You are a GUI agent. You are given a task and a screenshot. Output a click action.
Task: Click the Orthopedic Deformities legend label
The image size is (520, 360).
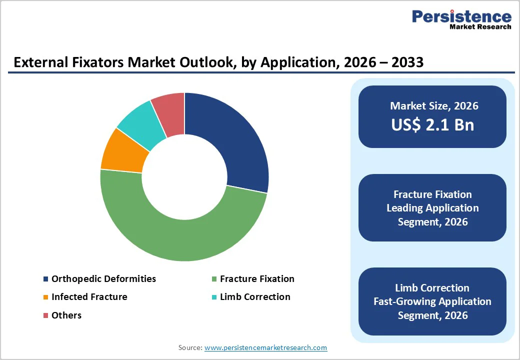coord(103,279)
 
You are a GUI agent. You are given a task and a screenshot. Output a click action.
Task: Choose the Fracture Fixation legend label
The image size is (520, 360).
coord(257,279)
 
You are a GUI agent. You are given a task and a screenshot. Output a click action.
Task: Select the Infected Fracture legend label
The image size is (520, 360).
coord(89,297)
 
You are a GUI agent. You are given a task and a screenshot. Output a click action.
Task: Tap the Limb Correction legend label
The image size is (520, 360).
coord(255,297)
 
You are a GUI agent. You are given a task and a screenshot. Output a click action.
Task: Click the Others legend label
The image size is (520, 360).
coord(66,315)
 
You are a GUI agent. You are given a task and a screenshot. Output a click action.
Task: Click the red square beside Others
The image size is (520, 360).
coord(46,315)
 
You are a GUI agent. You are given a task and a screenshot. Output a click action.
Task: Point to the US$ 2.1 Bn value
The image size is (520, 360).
coord(432,124)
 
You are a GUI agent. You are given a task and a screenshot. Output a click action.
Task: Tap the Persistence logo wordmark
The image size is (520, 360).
coord(461,17)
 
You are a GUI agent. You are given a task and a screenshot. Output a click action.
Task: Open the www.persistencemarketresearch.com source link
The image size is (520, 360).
coord(265,347)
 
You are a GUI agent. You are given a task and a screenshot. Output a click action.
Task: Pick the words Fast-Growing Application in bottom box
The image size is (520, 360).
coord(432,301)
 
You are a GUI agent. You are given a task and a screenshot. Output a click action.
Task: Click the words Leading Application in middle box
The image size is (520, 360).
coord(432,208)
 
